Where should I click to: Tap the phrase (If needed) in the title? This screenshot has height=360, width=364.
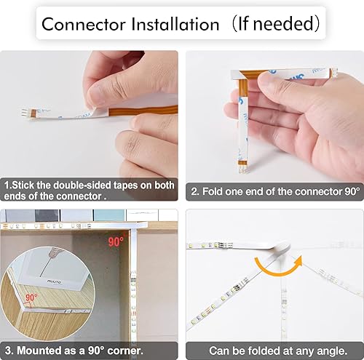point(274,23)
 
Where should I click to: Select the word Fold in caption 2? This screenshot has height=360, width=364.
point(213,191)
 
